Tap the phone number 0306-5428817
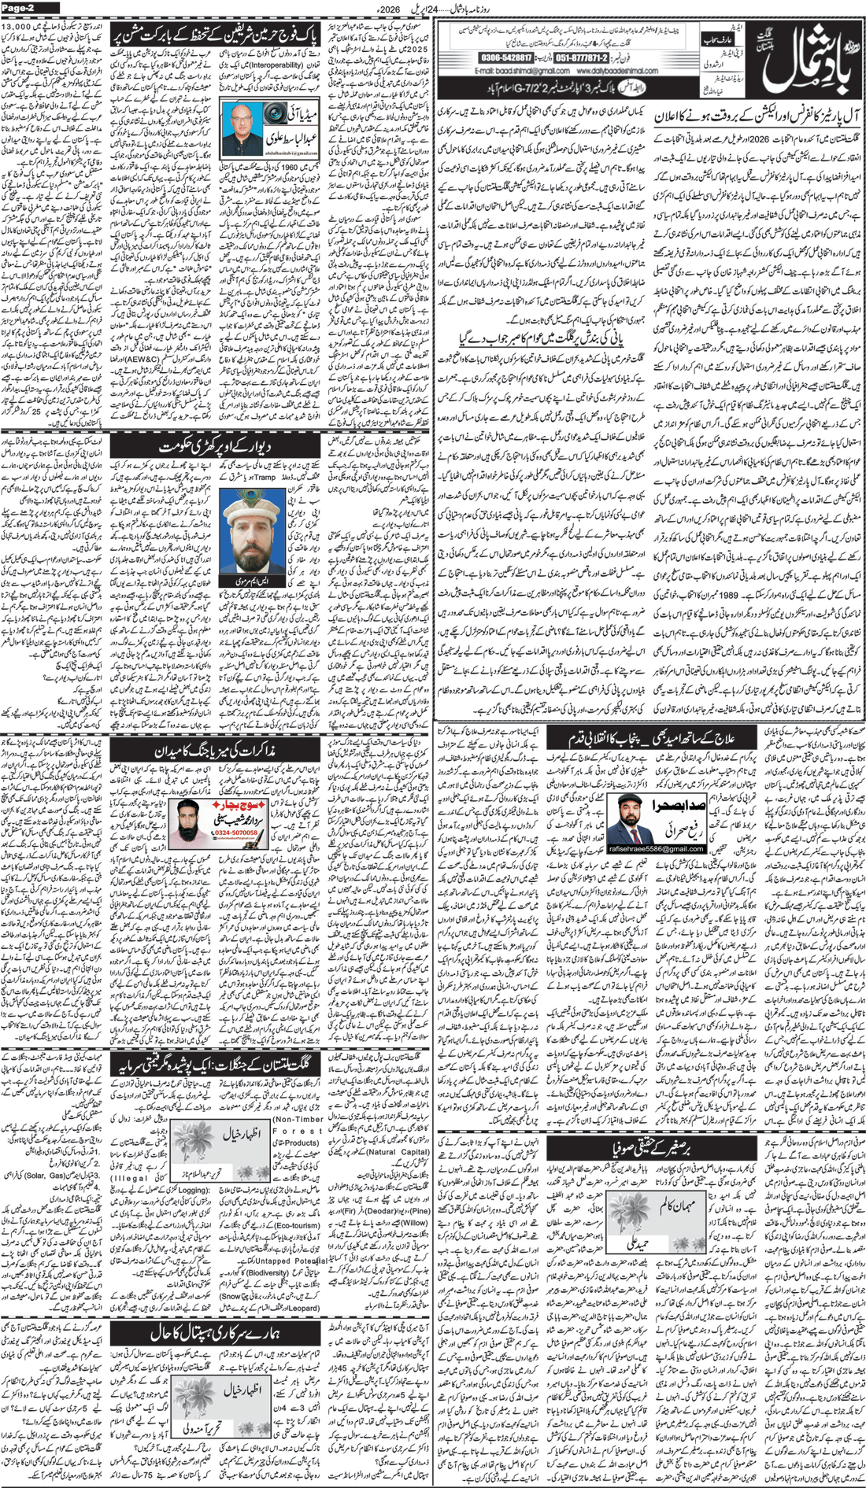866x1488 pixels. [x=505, y=58]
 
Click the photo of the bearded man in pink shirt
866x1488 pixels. [x=190, y=823]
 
